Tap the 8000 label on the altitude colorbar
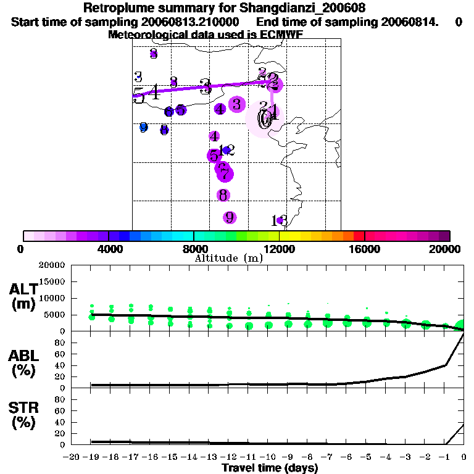pyautogui.click(x=194, y=249)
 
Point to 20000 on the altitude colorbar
pyautogui.click(x=447, y=249)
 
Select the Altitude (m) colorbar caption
pyautogui.click(x=228, y=258)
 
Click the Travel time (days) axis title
pyautogui.click(x=270, y=468)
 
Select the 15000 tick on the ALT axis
pyautogui.click(x=52, y=281)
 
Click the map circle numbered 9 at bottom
pyautogui.click(x=229, y=217)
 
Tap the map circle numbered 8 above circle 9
pyautogui.click(x=223, y=195)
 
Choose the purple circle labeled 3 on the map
pyautogui.click(x=236, y=104)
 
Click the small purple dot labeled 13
pyautogui.click(x=280, y=220)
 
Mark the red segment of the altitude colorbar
pyautogui.click(x=358, y=236)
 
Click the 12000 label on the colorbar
pyautogui.click(x=280, y=249)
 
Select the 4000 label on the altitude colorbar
pyautogui.click(x=109, y=249)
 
